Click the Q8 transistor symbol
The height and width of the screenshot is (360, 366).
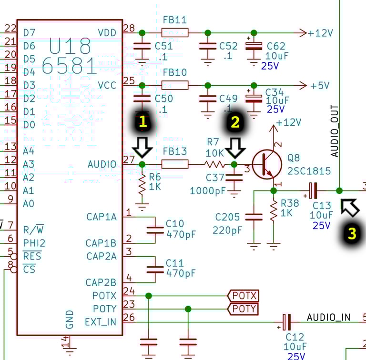click(267, 164)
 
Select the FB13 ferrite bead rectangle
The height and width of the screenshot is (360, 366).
click(175, 164)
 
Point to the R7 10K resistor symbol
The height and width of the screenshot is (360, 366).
click(214, 165)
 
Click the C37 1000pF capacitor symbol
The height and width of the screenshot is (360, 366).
click(234, 177)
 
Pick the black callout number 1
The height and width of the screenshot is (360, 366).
click(143, 122)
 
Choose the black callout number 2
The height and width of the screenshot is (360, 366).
click(235, 122)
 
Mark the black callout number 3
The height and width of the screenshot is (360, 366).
click(352, 233)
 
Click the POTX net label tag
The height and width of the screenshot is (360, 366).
click(243, 296)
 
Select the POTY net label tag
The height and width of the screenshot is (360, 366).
click(243, 309)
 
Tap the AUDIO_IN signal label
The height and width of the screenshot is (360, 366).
click(328, 317)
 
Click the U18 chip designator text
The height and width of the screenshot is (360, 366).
click(70, 46)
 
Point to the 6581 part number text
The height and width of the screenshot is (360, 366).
click(69, 66)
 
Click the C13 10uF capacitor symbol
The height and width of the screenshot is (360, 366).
click(313, 191)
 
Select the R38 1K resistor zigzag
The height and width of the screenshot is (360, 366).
click(274, 211)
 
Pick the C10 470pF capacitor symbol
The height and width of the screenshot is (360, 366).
click(155, 230)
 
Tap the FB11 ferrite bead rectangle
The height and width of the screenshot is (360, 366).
click(175, 33)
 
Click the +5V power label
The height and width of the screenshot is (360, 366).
click(320, 86)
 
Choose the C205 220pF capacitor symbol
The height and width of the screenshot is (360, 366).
click(254, 217)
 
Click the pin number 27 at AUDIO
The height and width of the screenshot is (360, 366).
click(129, 160)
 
